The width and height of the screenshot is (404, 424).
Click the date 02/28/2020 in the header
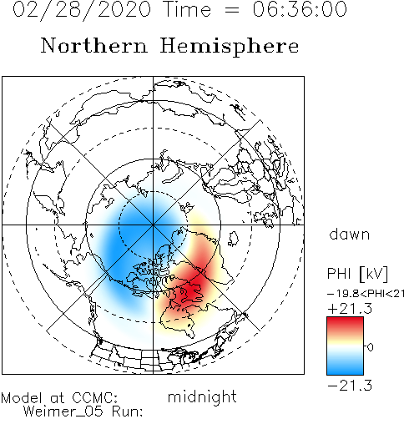[x=82, y=10]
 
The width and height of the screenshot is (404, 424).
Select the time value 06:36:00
[x=300, y=9]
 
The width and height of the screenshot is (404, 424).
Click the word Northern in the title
[x=94, y=45]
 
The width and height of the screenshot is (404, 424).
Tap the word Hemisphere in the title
[x=230, y=46]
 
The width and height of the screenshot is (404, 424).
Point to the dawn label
[x=350, y=235]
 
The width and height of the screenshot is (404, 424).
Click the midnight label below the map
[x=202, y=396]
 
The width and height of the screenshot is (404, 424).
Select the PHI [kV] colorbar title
[x=357, y=274]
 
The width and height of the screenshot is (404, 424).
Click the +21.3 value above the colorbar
[x=350, y=309]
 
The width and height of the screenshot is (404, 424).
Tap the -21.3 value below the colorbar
[x=350, y=386]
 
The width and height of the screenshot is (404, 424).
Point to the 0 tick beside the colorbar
[x=370, y=347]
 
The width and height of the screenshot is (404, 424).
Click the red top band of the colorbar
[x=345, y=324]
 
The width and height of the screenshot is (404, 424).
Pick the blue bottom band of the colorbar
[x=345, y=367]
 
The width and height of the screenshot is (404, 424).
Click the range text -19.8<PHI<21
[x=366, y=294]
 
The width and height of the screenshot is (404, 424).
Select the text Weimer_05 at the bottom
[x=63, y=411]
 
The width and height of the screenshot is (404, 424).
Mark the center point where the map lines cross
[x=153, y=225]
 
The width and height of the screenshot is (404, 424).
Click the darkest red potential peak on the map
[x=192, y=290]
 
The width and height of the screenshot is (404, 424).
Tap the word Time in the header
[x=188, y=9]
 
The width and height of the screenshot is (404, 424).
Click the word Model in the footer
[x=22, y=397]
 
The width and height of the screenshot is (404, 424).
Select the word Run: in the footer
[x=128, y=411]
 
